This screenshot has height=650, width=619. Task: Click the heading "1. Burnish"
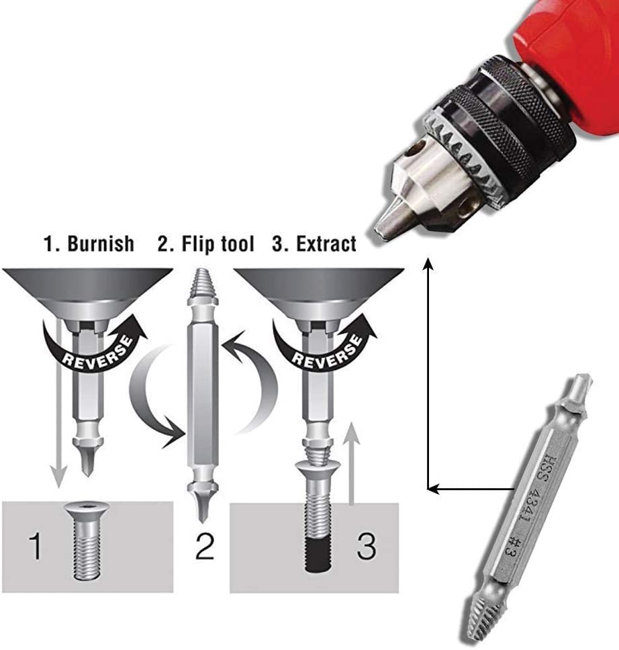point(89,243)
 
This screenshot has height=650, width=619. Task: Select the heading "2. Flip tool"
point(205,243)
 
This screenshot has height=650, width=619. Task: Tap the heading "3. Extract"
point(314,243)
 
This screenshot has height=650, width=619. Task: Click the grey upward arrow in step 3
point(352,463)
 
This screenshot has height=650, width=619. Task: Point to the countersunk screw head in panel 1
point(87,510)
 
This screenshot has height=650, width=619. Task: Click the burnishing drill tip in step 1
point(87,460)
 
